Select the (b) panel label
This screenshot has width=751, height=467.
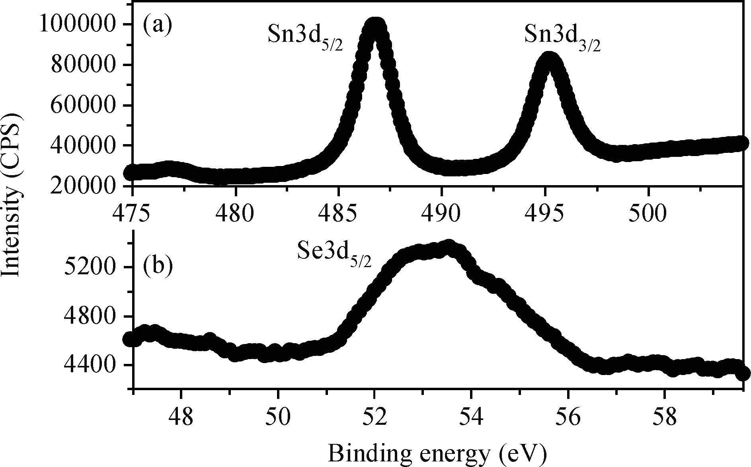pyautogui.click(x=158, y=265)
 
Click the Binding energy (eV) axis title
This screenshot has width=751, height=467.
pyautogui.click(x=437, y=453)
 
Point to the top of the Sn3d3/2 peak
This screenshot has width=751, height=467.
pyautogui.click(x=549, y=60)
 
